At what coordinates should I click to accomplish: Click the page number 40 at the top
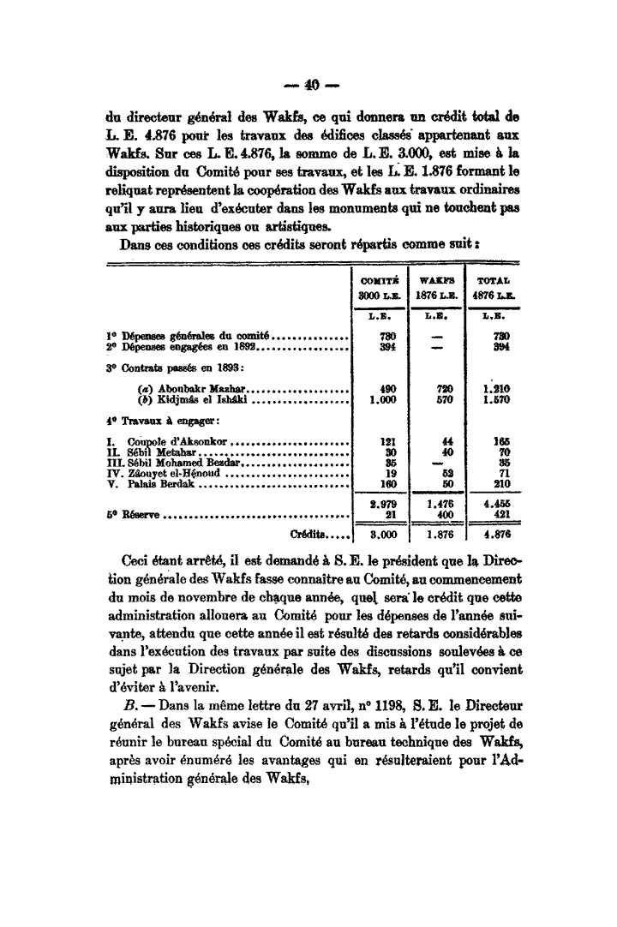pyautogui.click(x=308, y=86)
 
